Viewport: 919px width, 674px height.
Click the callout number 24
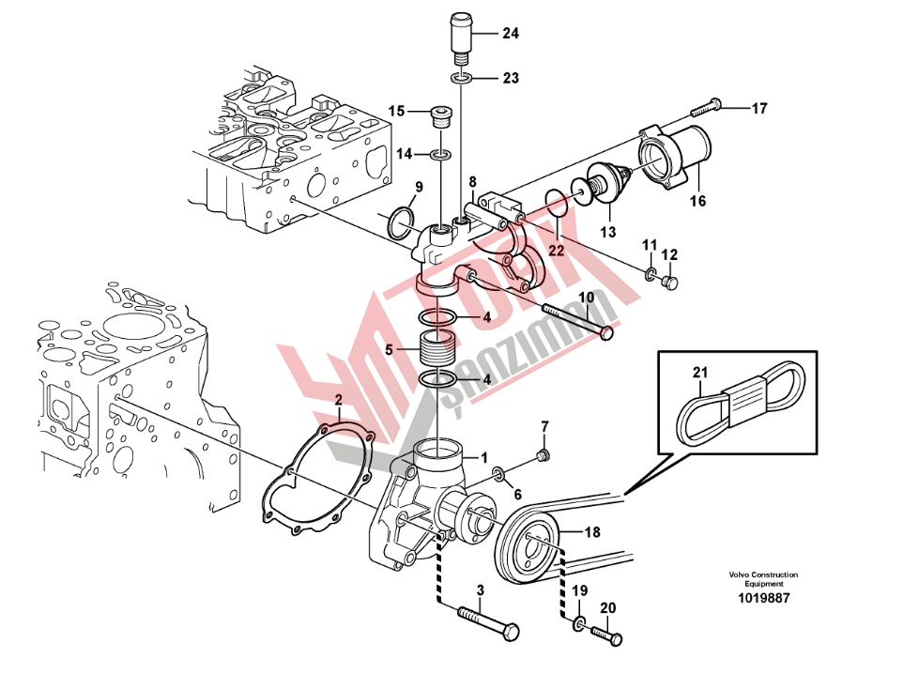tap(511, 34)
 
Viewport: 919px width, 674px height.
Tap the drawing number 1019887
tap(763, 598)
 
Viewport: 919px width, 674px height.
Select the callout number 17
tap(759, 109)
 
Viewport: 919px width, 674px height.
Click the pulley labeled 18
tap(528, 545)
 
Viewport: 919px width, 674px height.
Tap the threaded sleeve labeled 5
tap(437, 348)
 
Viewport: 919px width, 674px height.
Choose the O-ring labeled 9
tap(400, 222)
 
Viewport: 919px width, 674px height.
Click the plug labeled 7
tap(544, 454)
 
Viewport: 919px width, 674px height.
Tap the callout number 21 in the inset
tap(700, 372)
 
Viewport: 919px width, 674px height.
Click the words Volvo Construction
tap(763, 574)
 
